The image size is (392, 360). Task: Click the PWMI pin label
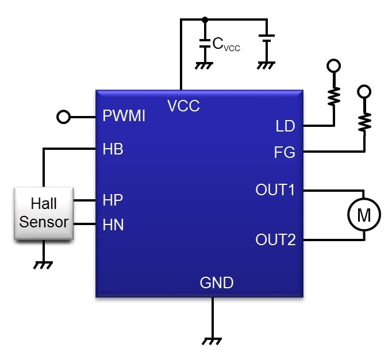[124, 117]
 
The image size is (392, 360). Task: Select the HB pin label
[113, 149]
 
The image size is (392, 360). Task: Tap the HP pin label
[113, 200]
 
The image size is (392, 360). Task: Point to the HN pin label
[113, 224]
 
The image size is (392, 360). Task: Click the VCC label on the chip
[184, 106]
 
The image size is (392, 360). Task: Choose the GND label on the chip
[216, 282]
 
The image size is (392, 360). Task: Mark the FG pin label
[285, 152]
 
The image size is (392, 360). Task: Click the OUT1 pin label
[275, 189]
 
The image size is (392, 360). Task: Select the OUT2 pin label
[275, 239]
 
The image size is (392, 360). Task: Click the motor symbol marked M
[364, 215]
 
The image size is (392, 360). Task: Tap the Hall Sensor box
[44, 213]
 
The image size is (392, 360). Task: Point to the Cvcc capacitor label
[226, 45]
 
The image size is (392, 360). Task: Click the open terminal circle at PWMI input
[64, 117]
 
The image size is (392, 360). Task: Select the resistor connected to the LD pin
[333, 95]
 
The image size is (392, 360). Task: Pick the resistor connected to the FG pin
[364, 120]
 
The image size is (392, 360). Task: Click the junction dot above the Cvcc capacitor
[204, 20]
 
